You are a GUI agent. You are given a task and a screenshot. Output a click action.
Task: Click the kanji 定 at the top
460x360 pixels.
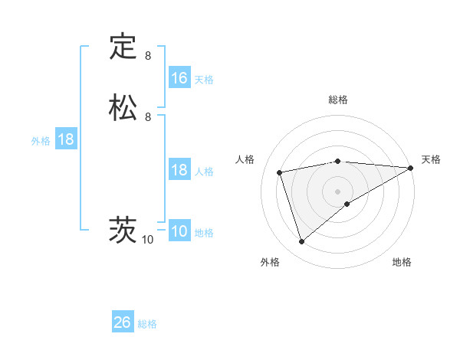click(123, 47)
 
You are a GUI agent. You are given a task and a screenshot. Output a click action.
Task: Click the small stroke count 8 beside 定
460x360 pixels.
click(148, 56)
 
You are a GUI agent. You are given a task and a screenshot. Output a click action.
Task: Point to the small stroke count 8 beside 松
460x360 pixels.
click(148, 117)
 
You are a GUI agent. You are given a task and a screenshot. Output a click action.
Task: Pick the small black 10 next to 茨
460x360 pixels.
click(148, 240)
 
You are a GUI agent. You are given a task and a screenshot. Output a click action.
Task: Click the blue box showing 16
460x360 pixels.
click(179, 78)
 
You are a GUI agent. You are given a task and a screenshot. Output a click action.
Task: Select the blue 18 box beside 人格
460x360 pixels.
click(179, 170)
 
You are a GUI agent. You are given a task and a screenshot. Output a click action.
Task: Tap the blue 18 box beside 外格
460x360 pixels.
click(66, 139)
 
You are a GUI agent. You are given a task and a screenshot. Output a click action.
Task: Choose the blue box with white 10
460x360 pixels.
click(179, 231)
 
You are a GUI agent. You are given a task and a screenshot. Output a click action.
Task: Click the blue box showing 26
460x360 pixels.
click(123, 322)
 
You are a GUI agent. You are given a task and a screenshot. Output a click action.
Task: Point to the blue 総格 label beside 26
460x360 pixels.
click(147, 324)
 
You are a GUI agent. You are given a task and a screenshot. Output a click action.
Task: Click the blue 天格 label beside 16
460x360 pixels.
click(204, 80)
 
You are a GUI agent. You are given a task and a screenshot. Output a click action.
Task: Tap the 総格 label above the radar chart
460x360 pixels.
click(338, 100)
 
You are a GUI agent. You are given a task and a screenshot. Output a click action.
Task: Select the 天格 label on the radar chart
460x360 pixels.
click(431, 159)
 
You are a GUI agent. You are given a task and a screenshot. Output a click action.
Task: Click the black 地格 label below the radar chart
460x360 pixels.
click(402, 263)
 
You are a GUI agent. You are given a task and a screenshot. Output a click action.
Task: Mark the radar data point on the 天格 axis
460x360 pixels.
click(411, 168)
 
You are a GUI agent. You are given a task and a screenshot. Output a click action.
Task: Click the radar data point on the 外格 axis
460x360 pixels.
click(301, 242)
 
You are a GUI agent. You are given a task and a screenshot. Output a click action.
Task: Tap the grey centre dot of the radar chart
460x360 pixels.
click(338, 191)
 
